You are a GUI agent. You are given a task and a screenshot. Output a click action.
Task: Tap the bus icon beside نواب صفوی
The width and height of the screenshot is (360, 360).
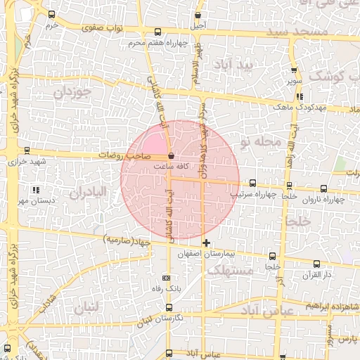tap(157, 31)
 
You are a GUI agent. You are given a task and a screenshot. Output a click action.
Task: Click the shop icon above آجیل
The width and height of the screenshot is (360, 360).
tap(199, 15)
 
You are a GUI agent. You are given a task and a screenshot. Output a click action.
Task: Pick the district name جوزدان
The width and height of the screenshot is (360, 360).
tap(72, 92)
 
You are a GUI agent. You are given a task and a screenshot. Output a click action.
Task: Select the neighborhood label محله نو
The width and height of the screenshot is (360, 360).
tap(260, 142)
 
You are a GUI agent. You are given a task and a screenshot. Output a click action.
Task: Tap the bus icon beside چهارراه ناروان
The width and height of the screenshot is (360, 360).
tap(323, 188)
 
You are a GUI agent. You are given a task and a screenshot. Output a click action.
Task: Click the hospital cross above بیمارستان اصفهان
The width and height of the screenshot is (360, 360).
tap(206, 243)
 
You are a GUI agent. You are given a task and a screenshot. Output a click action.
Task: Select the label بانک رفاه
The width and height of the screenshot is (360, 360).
tap(167, 288)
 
